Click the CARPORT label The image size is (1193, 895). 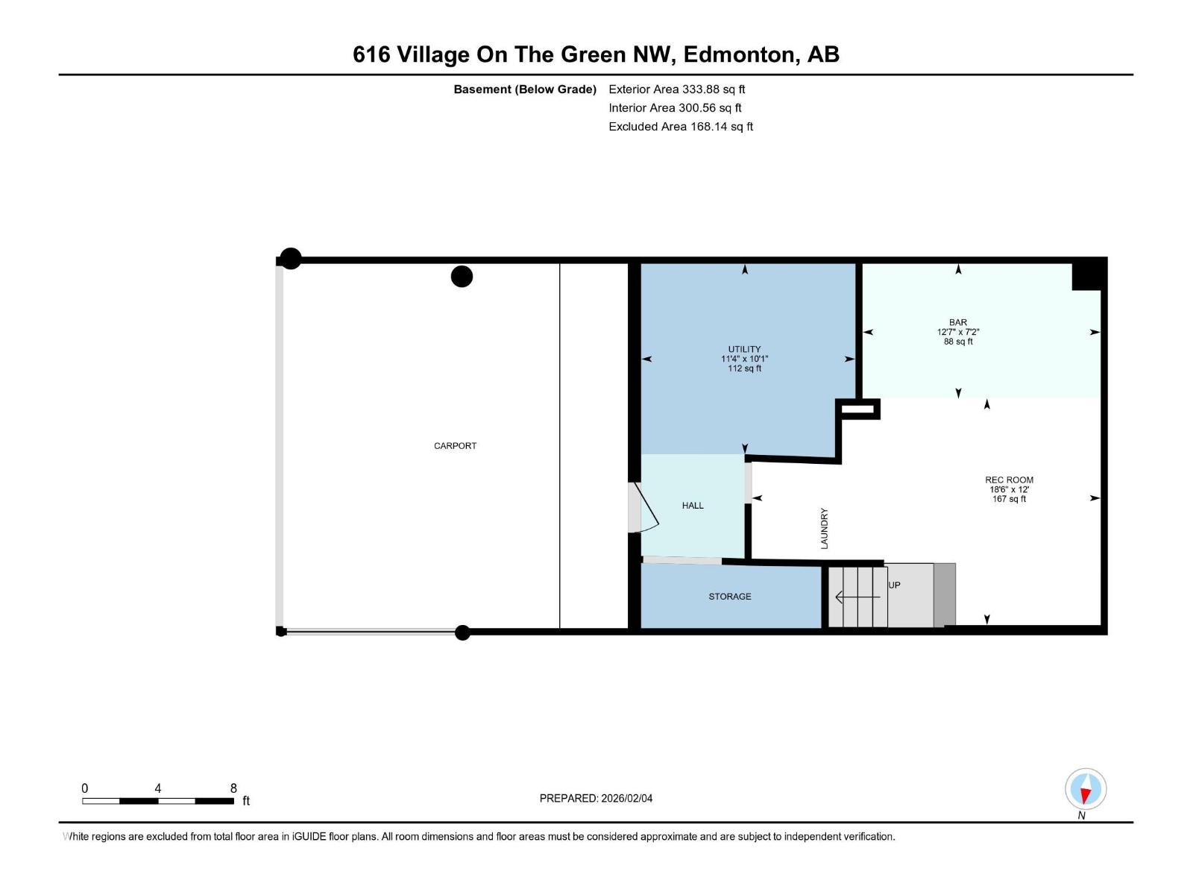coord(455,446)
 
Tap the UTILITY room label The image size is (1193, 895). coord(744,349)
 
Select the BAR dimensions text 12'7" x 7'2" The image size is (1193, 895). coord(958,332)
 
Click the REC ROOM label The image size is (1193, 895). coord(1009,480)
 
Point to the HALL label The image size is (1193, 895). coord(693,506)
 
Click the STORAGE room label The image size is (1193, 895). coord(729,597)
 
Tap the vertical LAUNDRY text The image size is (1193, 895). coord(825,529)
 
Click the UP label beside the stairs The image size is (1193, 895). coord(895,585)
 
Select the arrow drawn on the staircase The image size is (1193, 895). coord(857,597)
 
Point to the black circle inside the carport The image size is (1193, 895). coord(462,277)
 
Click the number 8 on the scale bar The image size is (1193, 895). coord(233,788)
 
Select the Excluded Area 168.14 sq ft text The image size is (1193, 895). coord(680,127)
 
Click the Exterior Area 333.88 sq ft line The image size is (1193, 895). coord(676,89)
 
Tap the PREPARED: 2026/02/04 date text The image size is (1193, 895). coord(596,798)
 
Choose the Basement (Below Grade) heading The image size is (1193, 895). coord(525,89)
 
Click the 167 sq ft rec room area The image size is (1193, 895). coord(1009,499)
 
